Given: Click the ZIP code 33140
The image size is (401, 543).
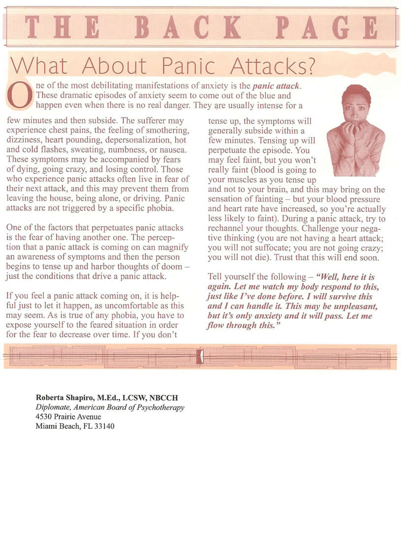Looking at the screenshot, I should (x=105, y=426).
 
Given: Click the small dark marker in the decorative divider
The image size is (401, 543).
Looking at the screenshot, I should (x=199, y=357).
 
